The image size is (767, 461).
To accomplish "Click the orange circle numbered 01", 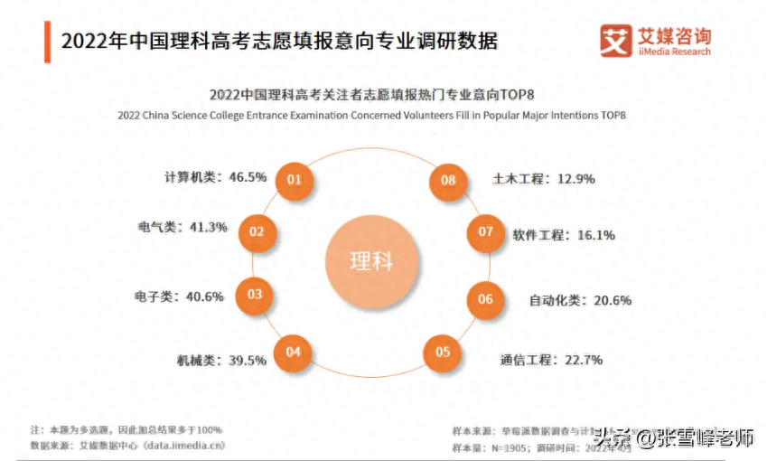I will click(x=294, y=179).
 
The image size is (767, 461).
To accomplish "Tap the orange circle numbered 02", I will click(x=257, y=232).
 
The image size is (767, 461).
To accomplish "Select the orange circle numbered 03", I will click(x=254, y=294).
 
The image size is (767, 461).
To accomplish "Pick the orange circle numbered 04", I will click(x=293, y=353).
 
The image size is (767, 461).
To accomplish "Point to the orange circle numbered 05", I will click(x=442, y=352).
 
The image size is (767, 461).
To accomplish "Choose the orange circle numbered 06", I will click(x=485, y=299).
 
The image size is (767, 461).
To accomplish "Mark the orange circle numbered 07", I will click(x=486, y=231).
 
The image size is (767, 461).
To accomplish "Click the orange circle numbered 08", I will click(x=448, y=179).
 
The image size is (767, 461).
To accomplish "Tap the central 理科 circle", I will click(x=371, y=262).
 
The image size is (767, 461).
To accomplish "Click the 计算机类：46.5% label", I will click(x=215, y=177).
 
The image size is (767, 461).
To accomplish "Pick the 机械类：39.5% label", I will click(x=221, y=360).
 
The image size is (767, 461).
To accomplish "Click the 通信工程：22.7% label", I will click(x=551, y=360).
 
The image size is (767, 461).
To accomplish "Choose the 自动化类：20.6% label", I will click(x=580, y=300).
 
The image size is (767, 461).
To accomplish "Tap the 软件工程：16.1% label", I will click(x=564, y=235).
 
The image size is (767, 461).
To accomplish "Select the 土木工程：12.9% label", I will click(x=544, y=179).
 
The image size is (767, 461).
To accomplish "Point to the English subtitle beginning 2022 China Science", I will click(x=371, y=115).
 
